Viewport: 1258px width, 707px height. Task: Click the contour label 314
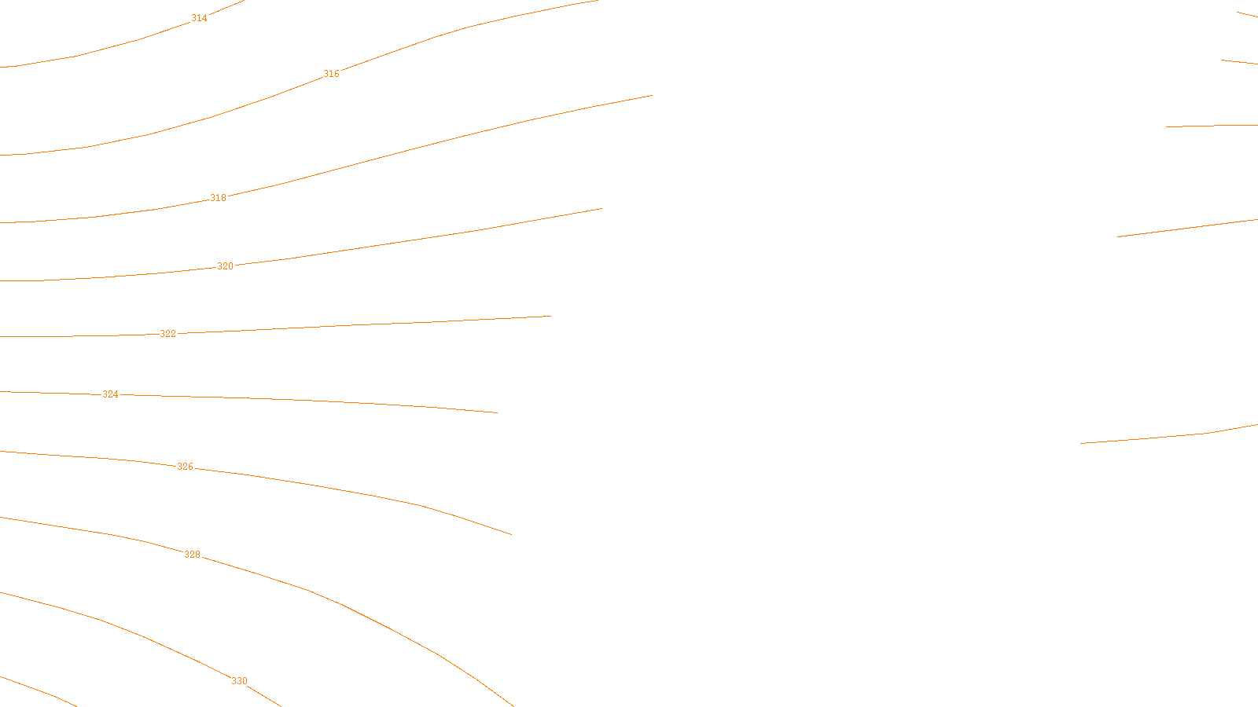point(200,18)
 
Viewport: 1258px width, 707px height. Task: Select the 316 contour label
point(332,74)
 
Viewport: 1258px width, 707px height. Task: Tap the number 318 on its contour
point(219,198)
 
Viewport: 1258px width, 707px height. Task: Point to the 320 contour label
point(226,266)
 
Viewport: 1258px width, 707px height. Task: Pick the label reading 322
point(168,334)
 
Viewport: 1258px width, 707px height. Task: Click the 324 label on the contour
point(111,394)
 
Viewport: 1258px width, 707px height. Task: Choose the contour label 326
point(185,467)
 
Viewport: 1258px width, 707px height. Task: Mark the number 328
point(193,555)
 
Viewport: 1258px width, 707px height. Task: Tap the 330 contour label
point(240,681)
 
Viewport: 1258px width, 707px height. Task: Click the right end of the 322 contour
point(550,317)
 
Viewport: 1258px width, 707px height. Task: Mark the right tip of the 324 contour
point(497,412)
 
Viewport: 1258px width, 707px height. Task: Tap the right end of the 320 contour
point(601,209)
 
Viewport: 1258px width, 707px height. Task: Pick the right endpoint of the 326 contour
point(511,535)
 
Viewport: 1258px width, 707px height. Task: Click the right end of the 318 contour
point(652,96)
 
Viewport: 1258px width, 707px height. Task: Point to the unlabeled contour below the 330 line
point(39,691)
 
